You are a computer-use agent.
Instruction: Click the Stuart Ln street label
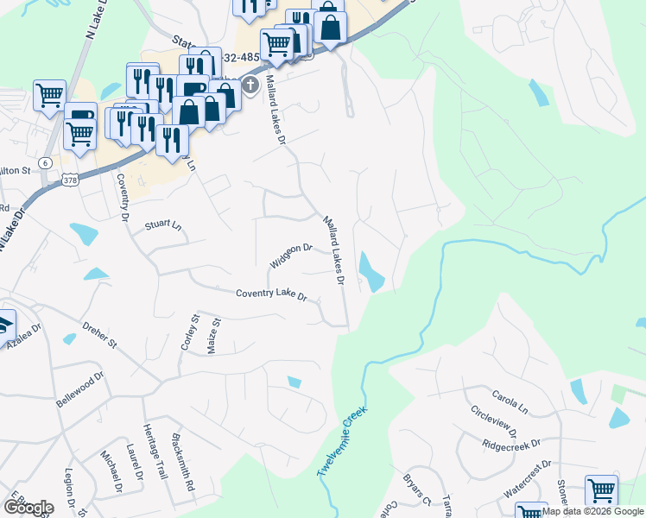(163, 225)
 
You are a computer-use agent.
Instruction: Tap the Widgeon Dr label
(290, 256)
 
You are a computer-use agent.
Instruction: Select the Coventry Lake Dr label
(272, 294)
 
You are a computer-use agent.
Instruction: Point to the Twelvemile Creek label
(342, 441)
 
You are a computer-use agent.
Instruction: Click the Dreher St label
(99, 335)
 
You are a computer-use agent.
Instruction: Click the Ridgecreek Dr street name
(511, 445)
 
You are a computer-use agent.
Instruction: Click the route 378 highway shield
(71, 179)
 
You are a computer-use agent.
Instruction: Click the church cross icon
(250, 85)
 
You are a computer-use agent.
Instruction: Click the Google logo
(28, 508)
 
